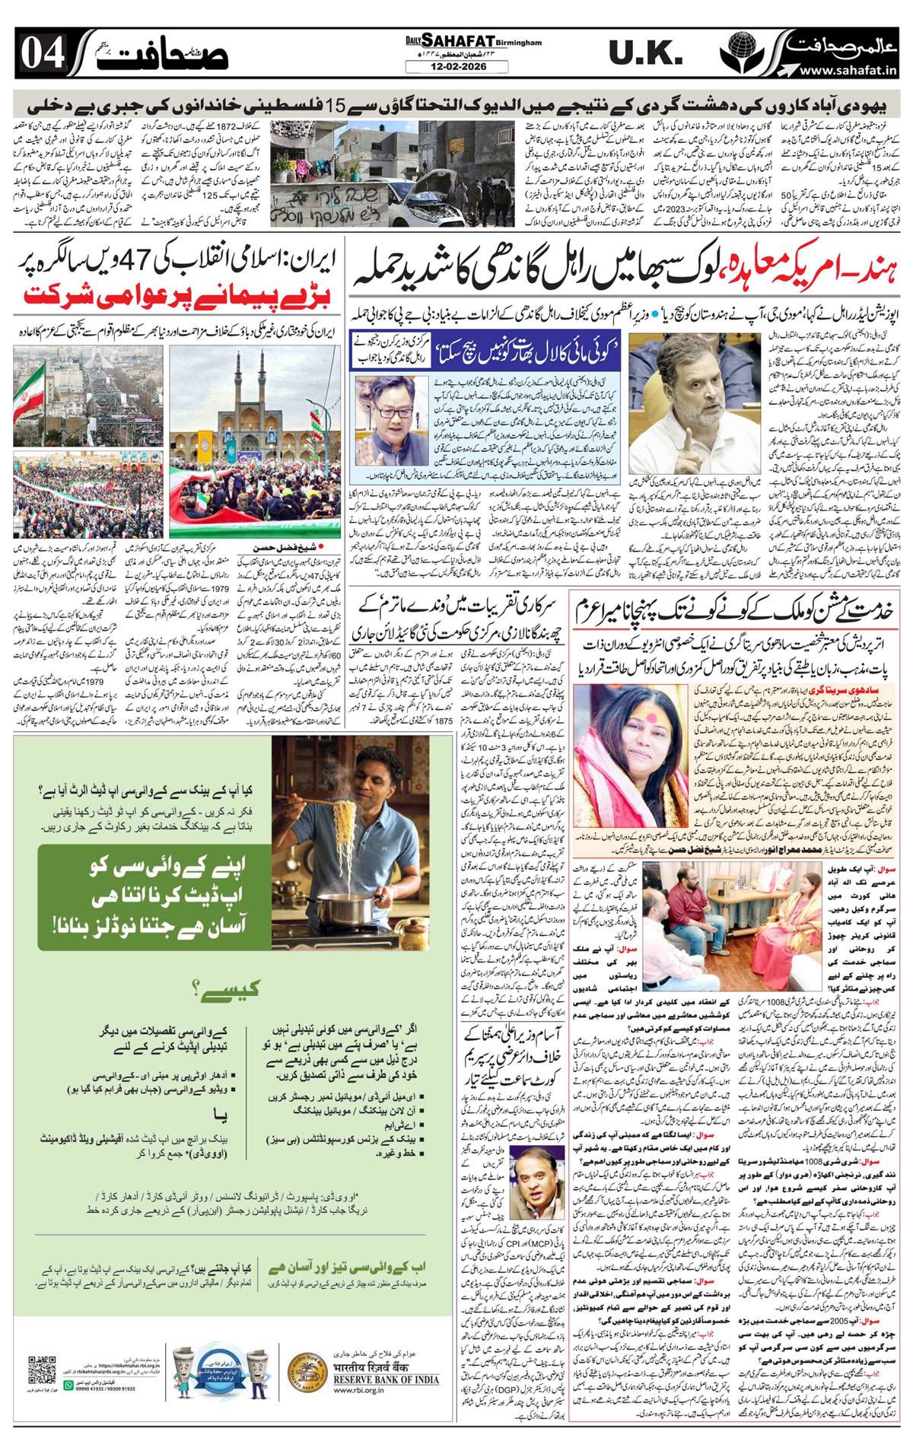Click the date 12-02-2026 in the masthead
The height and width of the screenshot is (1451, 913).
pos(456,67)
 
